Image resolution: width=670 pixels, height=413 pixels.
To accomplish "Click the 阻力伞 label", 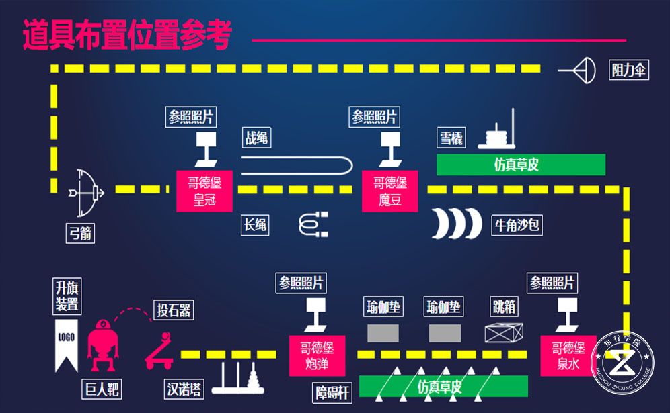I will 630,70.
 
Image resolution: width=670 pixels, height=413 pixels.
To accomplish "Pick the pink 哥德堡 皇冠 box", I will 204,191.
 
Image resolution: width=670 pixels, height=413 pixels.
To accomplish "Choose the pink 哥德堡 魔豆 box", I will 390,191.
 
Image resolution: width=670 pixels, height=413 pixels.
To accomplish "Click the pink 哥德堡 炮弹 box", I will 317,357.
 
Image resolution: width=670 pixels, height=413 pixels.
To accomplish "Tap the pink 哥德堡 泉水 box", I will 568,357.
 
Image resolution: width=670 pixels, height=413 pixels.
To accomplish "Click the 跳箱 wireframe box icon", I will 504,333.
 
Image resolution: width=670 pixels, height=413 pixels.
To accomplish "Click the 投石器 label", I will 174,310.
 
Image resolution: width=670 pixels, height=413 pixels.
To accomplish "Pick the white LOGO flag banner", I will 67,344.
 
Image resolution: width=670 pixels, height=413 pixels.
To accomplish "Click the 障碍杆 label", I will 333,392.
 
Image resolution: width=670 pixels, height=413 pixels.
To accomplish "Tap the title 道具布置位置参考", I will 127,36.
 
